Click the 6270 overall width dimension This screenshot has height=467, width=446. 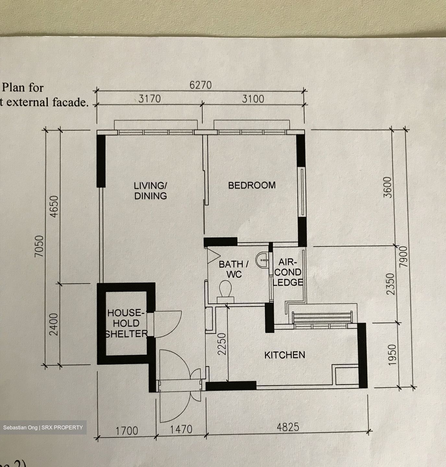200,85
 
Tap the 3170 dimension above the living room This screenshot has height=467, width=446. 150,99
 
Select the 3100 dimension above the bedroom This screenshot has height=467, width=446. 253,99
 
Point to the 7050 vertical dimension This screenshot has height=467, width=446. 39,246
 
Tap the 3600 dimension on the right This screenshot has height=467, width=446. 388,187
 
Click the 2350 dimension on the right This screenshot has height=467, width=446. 392,284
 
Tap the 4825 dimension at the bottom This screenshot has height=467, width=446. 288,427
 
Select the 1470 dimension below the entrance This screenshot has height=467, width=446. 181,429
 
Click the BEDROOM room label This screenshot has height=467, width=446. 252,185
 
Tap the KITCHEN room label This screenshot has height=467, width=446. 285,355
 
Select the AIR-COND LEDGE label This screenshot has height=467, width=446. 288,272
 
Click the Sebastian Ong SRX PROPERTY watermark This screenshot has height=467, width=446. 43,427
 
